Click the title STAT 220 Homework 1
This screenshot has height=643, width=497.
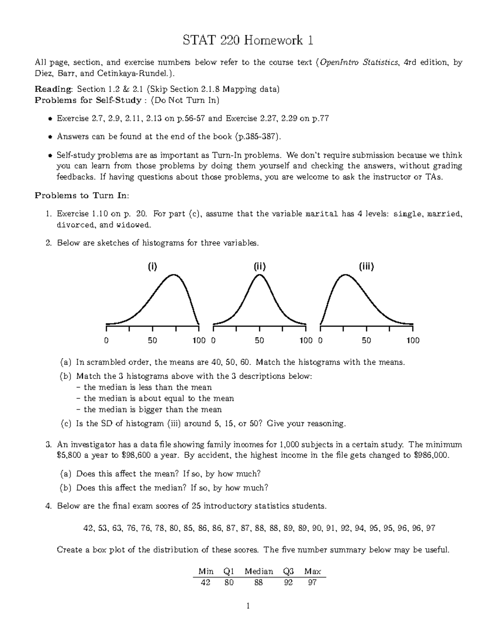pos(248,41)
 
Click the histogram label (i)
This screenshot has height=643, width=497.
pos(152,267)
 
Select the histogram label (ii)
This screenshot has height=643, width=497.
pos(259,267)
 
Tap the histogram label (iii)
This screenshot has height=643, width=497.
pos(366,267)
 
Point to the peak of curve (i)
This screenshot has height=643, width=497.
pos(174,275)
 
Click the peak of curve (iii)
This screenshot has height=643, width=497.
pos(344,275)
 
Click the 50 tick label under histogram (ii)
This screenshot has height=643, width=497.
pos(259,340)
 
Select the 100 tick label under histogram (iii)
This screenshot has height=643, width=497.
pos(413,340)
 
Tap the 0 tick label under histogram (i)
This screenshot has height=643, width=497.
pos(106,340)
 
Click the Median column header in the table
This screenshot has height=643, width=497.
pos(259,571)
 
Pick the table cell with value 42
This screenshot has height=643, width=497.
pos(205,583)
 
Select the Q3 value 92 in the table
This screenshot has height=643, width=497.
pos(288,583)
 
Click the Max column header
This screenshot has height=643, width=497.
pos(312,571)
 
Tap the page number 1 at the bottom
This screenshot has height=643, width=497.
pos(248,607)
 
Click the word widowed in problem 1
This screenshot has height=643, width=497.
pos(133,225)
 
